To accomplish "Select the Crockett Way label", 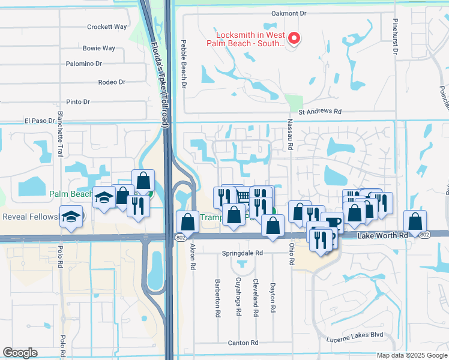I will [107, 27].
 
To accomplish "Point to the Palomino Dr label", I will [83, 63].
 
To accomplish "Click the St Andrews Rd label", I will [320, 112].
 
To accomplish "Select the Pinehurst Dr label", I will [396, 40].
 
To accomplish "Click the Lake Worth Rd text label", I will [382, 236].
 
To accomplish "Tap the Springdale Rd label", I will [243, 253].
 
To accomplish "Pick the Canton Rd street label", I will [243, 343].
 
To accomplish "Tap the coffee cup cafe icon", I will [332, 222].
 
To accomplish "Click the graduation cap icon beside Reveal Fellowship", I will [72, 217].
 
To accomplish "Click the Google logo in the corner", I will [20, 353].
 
